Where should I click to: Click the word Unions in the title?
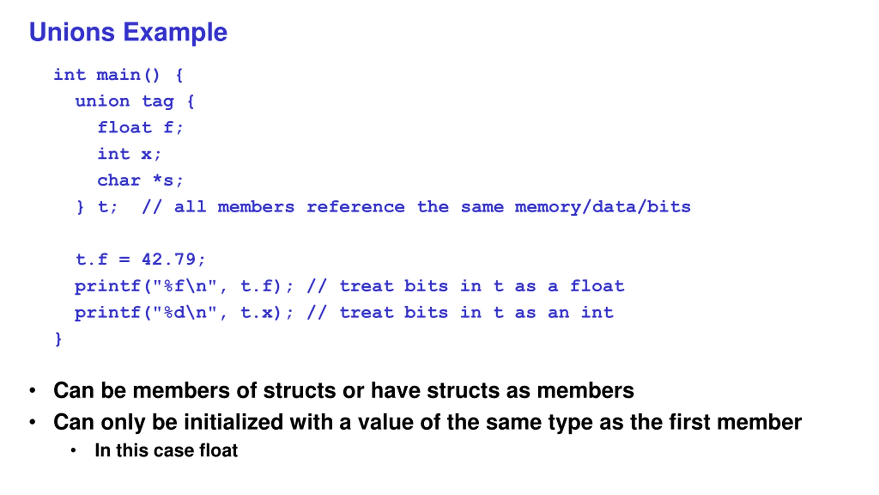[71, 32]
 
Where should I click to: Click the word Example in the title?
[175, 32]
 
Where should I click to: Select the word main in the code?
[118, 75]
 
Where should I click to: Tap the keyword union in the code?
[102, 101]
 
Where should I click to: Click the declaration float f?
[140, 128]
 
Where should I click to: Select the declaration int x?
[129, 154]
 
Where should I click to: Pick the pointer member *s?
[168, 180]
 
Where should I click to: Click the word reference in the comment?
[355, 207]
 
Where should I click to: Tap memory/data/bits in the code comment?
[602, 207]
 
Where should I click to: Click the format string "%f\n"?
[184, 286]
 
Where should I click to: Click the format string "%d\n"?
[184, 312]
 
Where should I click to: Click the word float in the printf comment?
[597, 286]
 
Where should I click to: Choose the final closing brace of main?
[58, 339]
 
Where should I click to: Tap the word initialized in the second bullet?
[233, 422]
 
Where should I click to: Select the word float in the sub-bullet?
[218, 450]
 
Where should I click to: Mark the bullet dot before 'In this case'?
[73, 451]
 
